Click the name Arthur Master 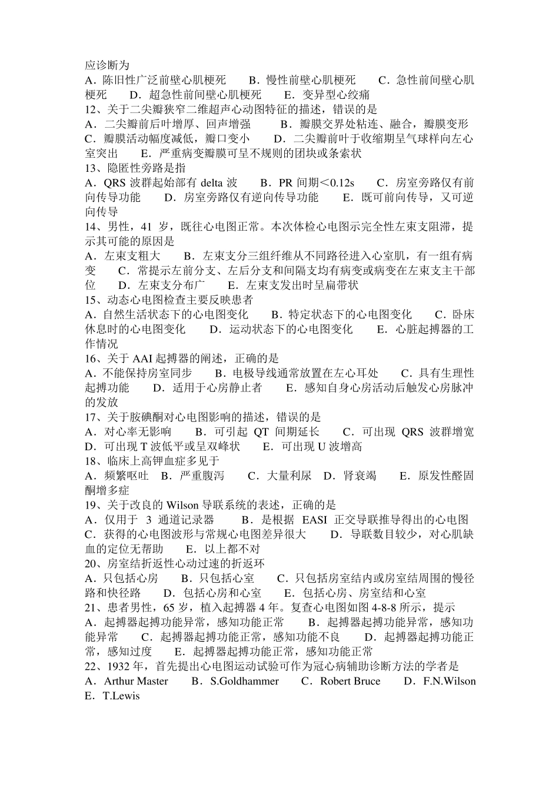(x=136, y=682)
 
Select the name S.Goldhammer (x=244, y=682)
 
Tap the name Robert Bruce (x=350, y=682)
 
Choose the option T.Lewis (x=121, y=696)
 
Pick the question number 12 (x=91, y=109)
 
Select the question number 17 (x=91, y=417)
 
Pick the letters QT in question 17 (x=261, y=432)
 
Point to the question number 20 (x=91, y=564)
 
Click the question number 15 (x=91, y=300)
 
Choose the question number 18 (x=91, y=461)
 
